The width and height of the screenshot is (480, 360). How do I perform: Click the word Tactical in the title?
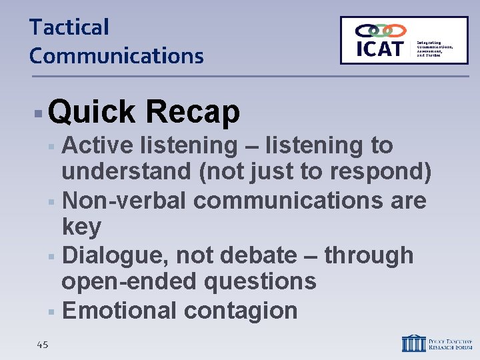[69, 28]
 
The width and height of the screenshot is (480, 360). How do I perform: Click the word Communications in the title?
[116, 56]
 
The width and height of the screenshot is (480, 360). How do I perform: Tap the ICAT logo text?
[380, 49]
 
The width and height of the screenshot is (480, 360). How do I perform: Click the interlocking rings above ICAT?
[380, 30]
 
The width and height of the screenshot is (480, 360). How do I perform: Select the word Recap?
[192, 112]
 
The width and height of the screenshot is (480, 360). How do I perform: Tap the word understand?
[126, 172]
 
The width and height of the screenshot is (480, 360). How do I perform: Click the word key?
[81, 227]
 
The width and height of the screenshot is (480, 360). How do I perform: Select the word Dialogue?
[112, 255]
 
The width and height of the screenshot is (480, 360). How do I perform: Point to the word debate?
[255, 255]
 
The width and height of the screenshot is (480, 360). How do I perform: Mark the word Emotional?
[118, 310]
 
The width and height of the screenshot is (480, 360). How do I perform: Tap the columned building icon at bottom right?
[413, 343]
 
